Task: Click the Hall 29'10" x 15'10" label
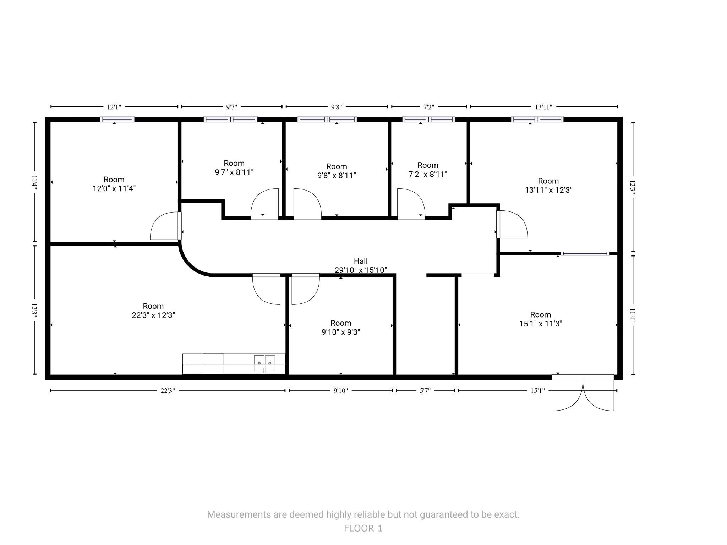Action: (360, 265)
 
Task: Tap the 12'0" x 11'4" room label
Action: (114, 184)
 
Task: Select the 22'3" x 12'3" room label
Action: (153, 310)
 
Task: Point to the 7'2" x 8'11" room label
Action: (428, 170)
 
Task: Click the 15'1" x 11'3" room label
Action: (540, 319)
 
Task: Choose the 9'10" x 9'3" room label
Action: (340, 327)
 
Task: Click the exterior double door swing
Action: (583, 394)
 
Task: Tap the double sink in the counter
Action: (264, 363)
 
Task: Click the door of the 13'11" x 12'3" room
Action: (512, 224)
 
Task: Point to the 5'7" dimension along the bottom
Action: (425, 391)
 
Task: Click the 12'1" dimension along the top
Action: (114, 107)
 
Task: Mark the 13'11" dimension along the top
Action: (543, 107)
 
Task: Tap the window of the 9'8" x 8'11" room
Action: (327, 120)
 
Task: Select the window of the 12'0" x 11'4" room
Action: (117, 120)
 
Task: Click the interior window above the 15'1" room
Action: (585, 253)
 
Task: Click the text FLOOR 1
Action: (363, 528)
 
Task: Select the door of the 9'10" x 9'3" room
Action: (305, 289)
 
